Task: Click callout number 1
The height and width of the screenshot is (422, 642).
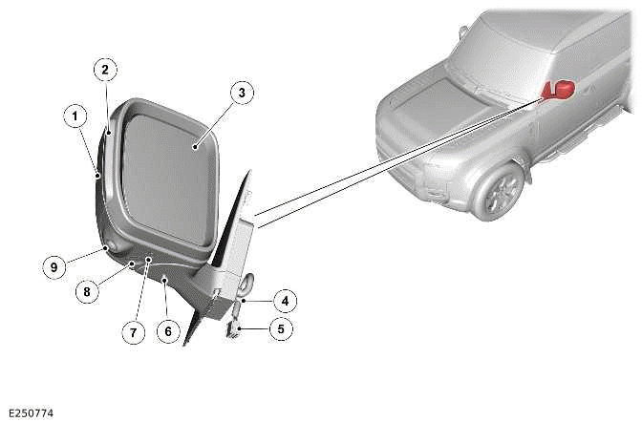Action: coord(73,116)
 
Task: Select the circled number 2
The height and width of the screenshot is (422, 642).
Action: coord(105,69)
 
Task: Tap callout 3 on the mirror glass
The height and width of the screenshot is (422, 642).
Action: coord(243,93)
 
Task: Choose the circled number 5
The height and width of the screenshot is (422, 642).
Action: coord(281,329)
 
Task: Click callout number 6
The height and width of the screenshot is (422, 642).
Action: coord(167,331)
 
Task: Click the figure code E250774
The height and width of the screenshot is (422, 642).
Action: coord(28,412)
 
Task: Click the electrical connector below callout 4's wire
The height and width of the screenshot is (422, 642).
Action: coord(232,328)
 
